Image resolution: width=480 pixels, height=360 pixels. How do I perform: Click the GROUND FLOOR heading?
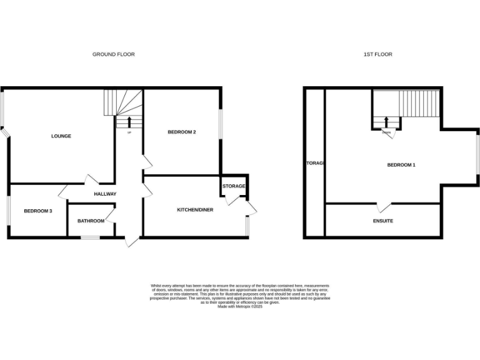[x=113, y=54]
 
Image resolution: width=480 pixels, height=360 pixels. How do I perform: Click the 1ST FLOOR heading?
[x=377, y=54]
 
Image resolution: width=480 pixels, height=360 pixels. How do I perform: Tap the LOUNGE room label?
[x=61, y=136]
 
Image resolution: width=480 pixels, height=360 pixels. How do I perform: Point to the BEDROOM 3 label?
[x=37, y=211]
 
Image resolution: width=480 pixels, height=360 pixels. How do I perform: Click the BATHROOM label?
[x=91, y=221]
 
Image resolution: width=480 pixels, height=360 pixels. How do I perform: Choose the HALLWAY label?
[x=105, y=194]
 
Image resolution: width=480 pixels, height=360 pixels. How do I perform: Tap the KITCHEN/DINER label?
[x=194, y=209]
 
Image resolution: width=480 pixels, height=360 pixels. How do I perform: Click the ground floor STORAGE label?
[x=234, y=186]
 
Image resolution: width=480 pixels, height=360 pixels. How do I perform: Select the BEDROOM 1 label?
[x=401, y=165]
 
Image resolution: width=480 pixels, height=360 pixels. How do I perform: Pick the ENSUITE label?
[x=383, y=221]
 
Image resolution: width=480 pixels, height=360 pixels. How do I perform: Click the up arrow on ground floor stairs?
[x=129, y=122]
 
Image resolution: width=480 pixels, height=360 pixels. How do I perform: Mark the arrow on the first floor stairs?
[x=386, y=122]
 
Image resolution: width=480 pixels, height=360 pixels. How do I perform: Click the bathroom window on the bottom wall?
[x=91, y=237]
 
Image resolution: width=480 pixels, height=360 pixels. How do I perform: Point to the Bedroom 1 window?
[x=479, y=155]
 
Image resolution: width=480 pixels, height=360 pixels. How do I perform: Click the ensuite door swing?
[x=383, y=207]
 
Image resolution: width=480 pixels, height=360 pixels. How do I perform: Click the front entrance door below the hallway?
[x=131, y=241]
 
